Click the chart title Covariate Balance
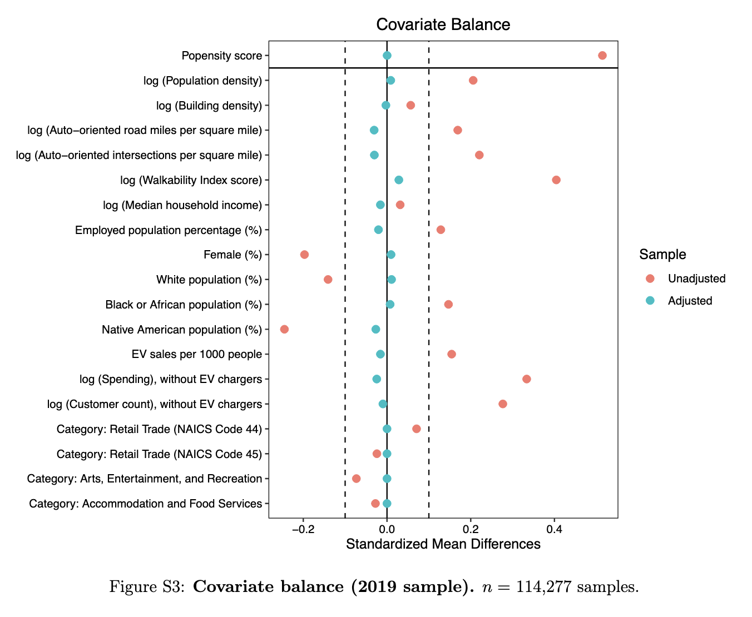point(443,24)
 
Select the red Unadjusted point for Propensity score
point(602,56)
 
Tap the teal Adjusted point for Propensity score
point(387,56)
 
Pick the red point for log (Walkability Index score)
point(556,180)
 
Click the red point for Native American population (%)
point(284,330)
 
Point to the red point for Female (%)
point(304,255)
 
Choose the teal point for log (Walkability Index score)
point(399,180)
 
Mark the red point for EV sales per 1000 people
point(452,354)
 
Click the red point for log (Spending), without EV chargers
point(527,379)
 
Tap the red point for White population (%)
point(328,280)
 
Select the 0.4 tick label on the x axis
point(554,529)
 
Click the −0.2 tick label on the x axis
point(303,529)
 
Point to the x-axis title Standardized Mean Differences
point(443,544)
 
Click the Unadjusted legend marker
point(650,278)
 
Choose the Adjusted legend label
point(690,301)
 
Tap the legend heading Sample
point(662,255)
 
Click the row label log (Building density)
point(209,106)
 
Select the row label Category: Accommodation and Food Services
point(145,504)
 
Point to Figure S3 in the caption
point(147,587)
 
